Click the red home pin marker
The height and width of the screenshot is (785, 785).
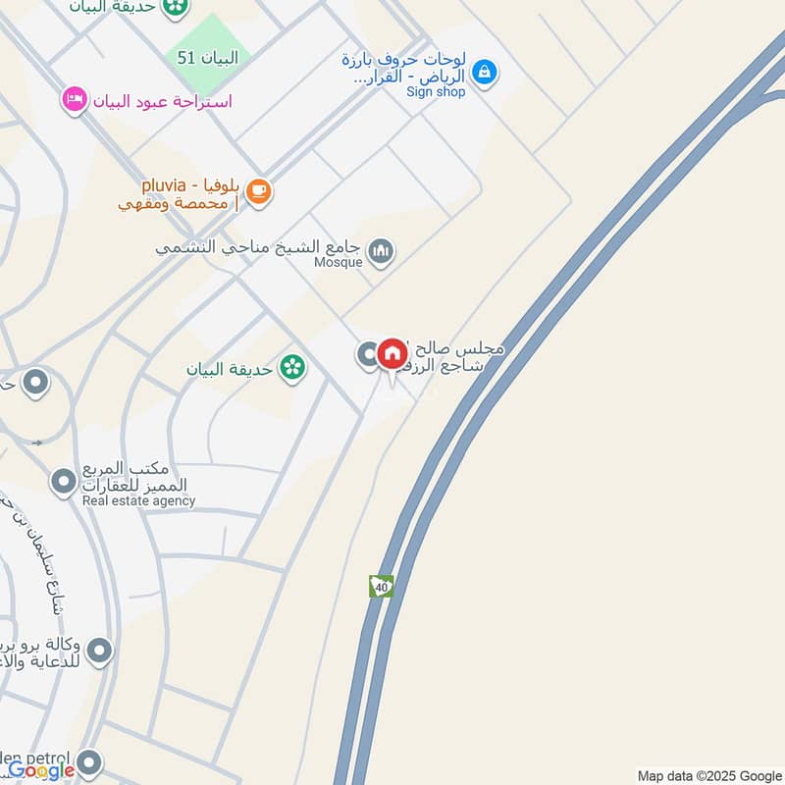point(392,354)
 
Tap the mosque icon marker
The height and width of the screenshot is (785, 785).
point(381,253)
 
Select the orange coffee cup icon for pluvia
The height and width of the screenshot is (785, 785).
point(259,191)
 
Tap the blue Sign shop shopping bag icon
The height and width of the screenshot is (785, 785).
point(483,71)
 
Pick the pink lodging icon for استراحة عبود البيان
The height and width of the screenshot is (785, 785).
point(73,99)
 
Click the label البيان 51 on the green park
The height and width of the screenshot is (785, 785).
point(208,58)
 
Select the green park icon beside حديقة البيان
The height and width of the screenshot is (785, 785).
point(291,368)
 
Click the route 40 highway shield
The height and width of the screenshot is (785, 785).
point(381,586)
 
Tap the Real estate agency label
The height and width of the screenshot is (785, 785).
point(138,501)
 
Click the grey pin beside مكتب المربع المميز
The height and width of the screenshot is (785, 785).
point(64,481)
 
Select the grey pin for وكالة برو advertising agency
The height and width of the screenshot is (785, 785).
point(99,650)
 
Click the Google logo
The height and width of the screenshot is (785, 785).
point(41,771)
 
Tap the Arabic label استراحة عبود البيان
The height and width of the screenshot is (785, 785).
point(162,100)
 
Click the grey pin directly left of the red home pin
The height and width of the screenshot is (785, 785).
point(368,354)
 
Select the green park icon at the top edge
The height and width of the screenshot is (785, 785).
point(176,8)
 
